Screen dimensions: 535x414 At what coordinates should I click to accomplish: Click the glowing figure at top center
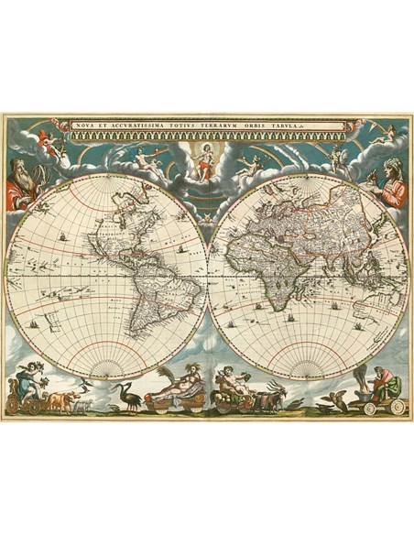[206, 157]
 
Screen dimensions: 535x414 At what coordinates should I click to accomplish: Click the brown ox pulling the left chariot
[61, 399]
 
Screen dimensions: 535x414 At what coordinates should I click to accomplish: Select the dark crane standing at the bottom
[127, 394]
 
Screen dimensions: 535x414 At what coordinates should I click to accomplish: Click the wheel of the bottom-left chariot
[31, 404]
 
